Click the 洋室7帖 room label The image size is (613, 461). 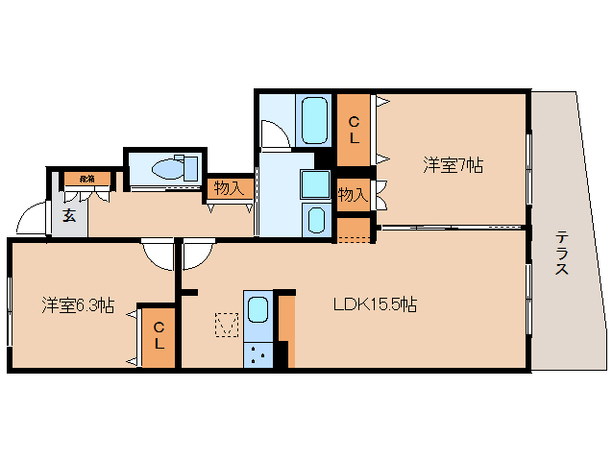point(453,165)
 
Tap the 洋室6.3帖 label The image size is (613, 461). point(78,305)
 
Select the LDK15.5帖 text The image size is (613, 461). point(375,305)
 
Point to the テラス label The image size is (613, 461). point(561,254)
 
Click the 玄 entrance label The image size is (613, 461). point(69,215)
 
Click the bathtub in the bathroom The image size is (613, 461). point(314,119)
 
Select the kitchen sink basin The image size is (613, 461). point(257,310)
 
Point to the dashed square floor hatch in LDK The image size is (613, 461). point(227,325)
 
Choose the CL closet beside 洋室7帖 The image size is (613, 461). point(354,130)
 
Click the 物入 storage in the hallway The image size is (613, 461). point(229,188)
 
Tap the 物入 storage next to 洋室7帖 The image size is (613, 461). point(353,194)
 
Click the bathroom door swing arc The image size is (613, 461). point(272,133)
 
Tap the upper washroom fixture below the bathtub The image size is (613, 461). point(314,183)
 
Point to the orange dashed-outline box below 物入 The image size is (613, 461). point(353,230)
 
